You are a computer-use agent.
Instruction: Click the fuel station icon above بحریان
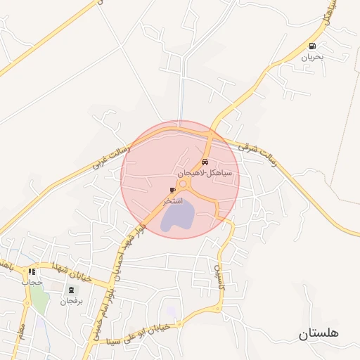(x=311, y=46)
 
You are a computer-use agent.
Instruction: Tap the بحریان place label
(x=311, y=57)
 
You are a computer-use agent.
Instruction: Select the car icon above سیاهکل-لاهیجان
(x=205, y=162)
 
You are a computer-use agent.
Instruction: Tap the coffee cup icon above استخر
(x=173, y=191)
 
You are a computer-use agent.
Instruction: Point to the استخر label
(x=173, y=201)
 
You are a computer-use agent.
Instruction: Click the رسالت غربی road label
(x=108, y=159)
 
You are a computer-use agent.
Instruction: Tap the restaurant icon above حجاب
(x=32, y=271)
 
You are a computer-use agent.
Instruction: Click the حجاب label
(x=32, y=282)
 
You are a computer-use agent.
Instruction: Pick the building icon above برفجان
(x=70, y=290)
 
